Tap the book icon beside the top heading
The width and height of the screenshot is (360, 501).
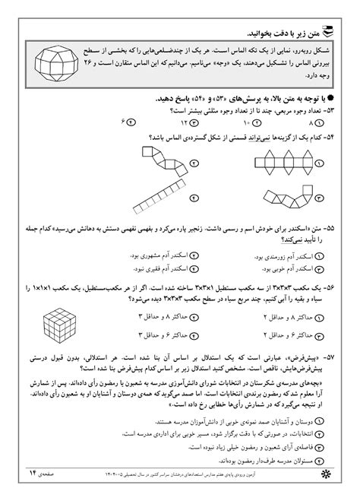[328, 31]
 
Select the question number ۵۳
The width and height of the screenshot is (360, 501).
[328, 110]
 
